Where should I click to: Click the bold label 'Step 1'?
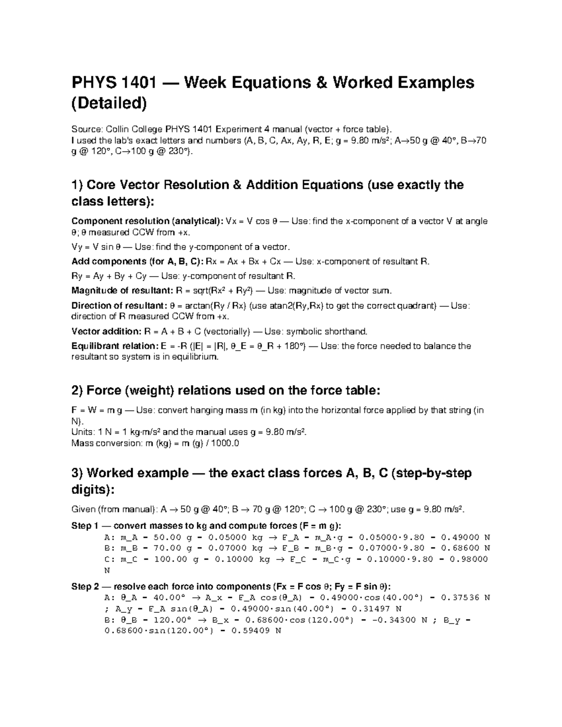(x=81, y=526)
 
